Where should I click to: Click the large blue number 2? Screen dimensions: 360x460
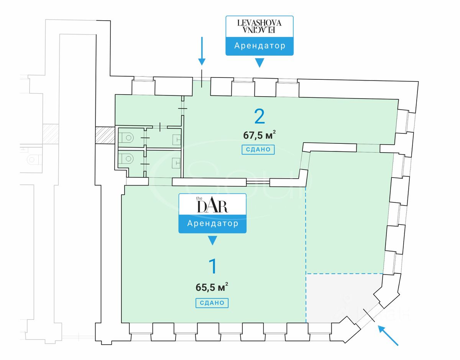pos(260,117)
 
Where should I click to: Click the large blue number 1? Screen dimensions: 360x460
pos(212,266)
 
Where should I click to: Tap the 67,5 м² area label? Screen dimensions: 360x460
pos(260,135)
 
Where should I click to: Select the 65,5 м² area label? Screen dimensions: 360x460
pos(212,287)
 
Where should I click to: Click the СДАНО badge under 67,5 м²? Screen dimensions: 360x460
pos(258,150)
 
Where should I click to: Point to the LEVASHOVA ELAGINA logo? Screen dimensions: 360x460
pos(259,26)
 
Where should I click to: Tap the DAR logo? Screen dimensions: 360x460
pos(212,205)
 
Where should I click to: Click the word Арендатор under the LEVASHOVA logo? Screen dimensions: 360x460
pos(260,46)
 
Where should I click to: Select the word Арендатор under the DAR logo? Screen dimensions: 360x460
pos(212,223)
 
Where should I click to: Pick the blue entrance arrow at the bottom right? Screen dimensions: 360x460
pos(388,335)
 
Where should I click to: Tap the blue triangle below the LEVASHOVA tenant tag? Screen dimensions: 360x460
pos(260,62)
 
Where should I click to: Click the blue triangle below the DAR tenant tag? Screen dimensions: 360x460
pos(212,240)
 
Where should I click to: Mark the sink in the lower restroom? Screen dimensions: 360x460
pos(176,163)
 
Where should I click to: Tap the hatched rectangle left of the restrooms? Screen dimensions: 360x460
pos(105,135)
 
